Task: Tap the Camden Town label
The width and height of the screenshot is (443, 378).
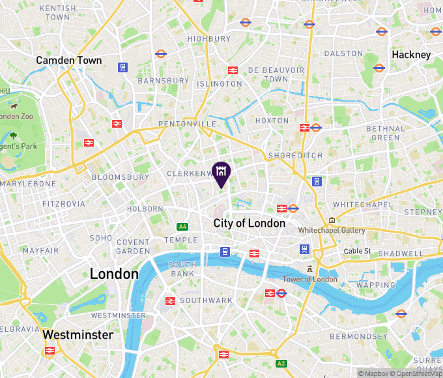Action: pyautogui.click(x=69, y=60)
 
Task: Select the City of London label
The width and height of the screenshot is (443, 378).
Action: pyautogui.click(x=250, y=223)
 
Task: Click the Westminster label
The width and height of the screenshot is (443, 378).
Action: pyautogui.click(x=78, y=334)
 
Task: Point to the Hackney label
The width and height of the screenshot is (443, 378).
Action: pyautogui.click(x=411, y=55)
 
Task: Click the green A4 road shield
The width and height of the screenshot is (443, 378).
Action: pyautogui.click(x=183, y=226)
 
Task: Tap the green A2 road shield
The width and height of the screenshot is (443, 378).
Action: pyautogui.click(x=281, y=363)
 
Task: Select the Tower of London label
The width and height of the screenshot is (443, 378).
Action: pyautogui.click(x=310, y=279)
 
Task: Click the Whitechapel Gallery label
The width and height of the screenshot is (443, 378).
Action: pyautogui.click(x=332, y=231)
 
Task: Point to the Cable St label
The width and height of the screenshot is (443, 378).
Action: pyautogui.click(x=357, y=251)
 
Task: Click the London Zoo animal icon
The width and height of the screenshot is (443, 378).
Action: pyautogui.click(x=13, y=105)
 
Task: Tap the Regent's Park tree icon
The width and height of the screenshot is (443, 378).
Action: pyautogui.click(x=13, y=136)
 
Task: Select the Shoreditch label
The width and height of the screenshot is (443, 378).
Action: pyautogui.click(x=295, y=156)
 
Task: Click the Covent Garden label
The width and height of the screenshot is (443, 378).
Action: pyautogui.click(x=133, y=246)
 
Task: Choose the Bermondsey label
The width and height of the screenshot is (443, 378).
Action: pyautogui.click(x=359, y=336)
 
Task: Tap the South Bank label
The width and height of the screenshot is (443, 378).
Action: pyautogui.click(x=182, y=269)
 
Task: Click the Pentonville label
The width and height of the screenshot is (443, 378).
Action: pyautogui.click(x=188, y=124)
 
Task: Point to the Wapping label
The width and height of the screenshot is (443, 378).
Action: pyautogui.click(x=375, y=285)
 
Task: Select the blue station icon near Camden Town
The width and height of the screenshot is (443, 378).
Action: pyautogui.click(x=122, y=66)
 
